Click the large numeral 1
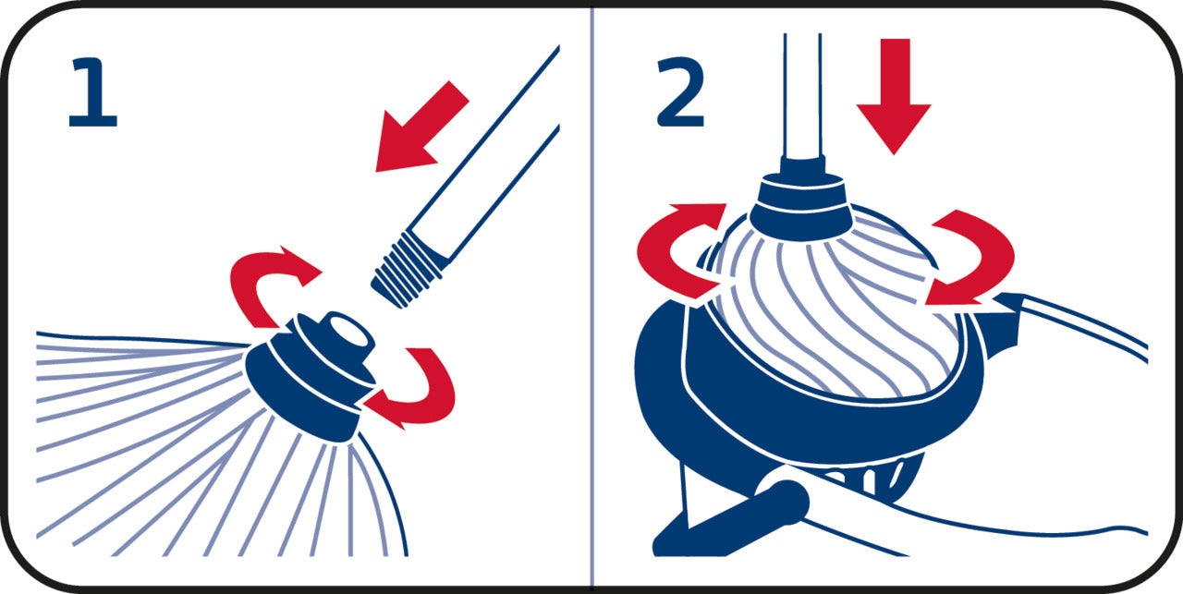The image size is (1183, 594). click(94, 92)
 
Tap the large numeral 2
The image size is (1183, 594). click(681, 91)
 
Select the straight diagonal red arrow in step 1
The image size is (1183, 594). click(421, 127)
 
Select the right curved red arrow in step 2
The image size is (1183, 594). click(977, 259)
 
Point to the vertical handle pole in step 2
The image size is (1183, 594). click(802, 95)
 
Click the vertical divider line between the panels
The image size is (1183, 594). click(592, 297)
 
